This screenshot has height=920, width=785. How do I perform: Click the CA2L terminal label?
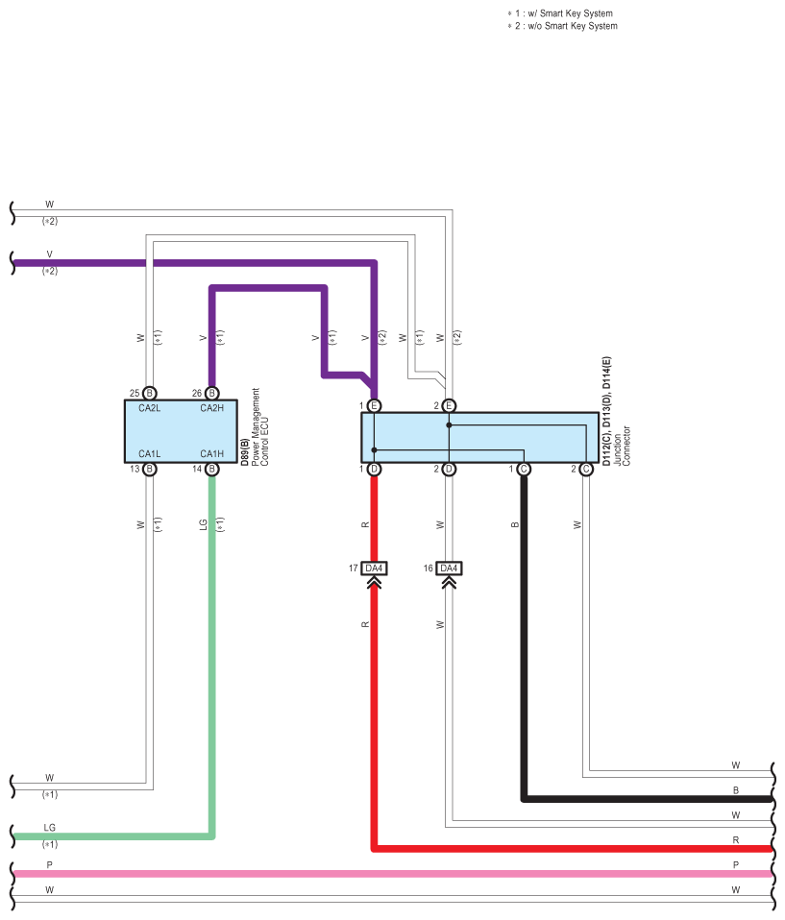150,408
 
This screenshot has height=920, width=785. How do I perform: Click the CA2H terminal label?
212,408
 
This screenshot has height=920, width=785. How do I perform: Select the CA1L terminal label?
150,453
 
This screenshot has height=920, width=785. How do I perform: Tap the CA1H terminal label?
212,453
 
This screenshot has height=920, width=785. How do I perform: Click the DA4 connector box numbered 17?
374,569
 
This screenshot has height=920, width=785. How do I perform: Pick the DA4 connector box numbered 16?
449,569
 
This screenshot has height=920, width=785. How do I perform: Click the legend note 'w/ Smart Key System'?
563,13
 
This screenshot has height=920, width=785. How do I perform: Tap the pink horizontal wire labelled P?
384,874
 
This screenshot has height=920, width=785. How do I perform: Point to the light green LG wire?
212,672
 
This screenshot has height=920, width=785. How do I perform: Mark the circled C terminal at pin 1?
524,469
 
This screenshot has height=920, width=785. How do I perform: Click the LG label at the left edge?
50,827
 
